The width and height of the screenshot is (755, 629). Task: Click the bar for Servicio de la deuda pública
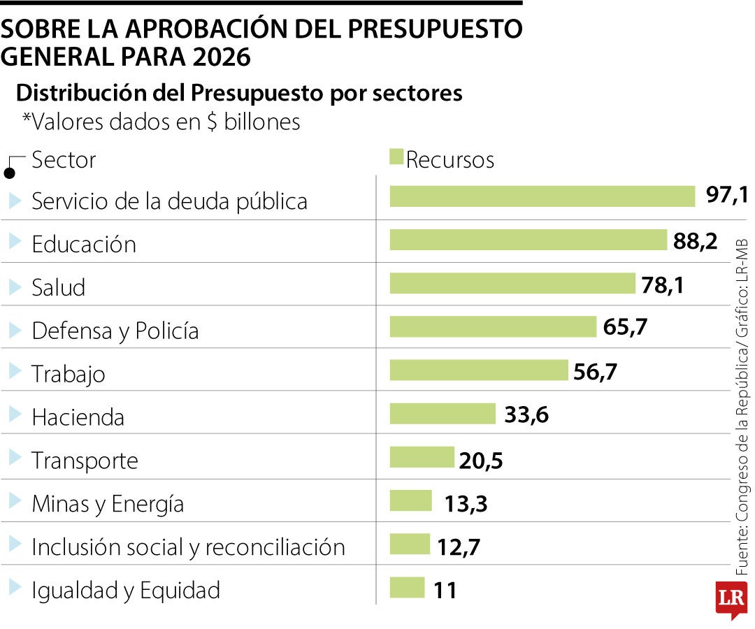(x=542, y=196)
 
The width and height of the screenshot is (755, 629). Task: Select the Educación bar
(x=528, y=240)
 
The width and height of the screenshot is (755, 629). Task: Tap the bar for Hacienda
(x=442, y=413)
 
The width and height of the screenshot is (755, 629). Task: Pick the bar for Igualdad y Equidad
(x=406, y=588)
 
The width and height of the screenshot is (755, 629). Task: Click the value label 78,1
(x=662, y=284)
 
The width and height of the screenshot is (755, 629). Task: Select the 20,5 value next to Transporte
(x=481, y=460)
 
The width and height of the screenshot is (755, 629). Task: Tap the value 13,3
(x=466, y=503)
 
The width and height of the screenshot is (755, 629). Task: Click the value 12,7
(x=459, y=547)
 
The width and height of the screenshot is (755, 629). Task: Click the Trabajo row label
(x=69, y=374)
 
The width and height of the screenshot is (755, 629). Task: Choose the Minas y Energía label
(x=108, y=503)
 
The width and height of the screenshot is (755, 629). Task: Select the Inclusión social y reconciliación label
(x=188, y=547)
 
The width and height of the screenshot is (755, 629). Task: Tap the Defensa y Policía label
(x=115, y=331)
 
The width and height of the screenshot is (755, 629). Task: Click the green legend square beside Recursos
(x=396, y=157)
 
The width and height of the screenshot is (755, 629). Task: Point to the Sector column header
(x=64, y=160)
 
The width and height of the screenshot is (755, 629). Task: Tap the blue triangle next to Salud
(x=15, y=286)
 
